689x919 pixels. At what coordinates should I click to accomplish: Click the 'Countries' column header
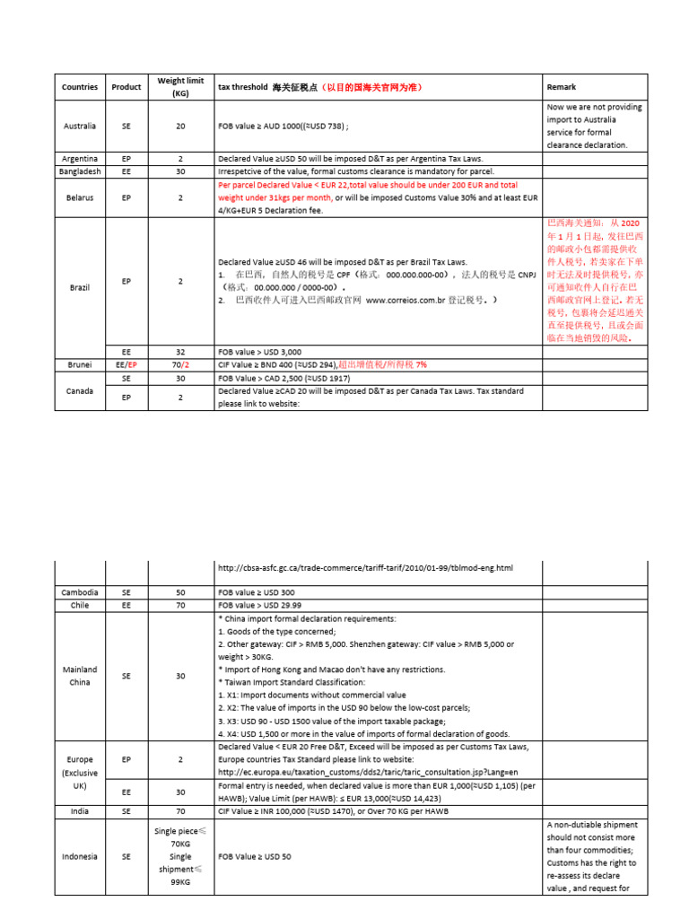tap(80, 87)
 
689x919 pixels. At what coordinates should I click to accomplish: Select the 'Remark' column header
tap(562, 87)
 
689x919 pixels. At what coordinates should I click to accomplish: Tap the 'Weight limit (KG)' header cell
tap(180, 87)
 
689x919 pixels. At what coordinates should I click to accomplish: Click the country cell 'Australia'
tap(80, 127)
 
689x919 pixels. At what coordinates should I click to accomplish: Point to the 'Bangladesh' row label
tap(80, 171)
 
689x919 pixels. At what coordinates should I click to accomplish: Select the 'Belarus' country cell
tap(80, 197)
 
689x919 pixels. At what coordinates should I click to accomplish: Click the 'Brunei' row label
tap(80, 365)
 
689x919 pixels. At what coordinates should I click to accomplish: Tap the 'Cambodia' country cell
tap(80, 592)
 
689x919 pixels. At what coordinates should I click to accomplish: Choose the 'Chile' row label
tap(80, 606)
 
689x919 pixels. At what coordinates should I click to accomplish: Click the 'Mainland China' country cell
tap(80, 676)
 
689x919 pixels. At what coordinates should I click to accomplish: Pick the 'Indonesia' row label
tap(80, 856)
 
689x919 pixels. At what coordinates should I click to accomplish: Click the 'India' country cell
tap(80, 810)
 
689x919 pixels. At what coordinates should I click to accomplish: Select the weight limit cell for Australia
tap(180, 127)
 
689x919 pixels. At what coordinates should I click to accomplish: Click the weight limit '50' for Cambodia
tap(180, 592)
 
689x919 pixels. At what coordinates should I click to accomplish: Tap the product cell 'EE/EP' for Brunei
tap(126, 365)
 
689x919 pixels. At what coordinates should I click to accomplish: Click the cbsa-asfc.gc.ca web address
tap(366, 568)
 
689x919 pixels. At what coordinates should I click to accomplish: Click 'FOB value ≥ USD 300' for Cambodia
tap(256, 592)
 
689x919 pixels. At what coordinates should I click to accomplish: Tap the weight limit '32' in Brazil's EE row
tap(180, 352)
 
